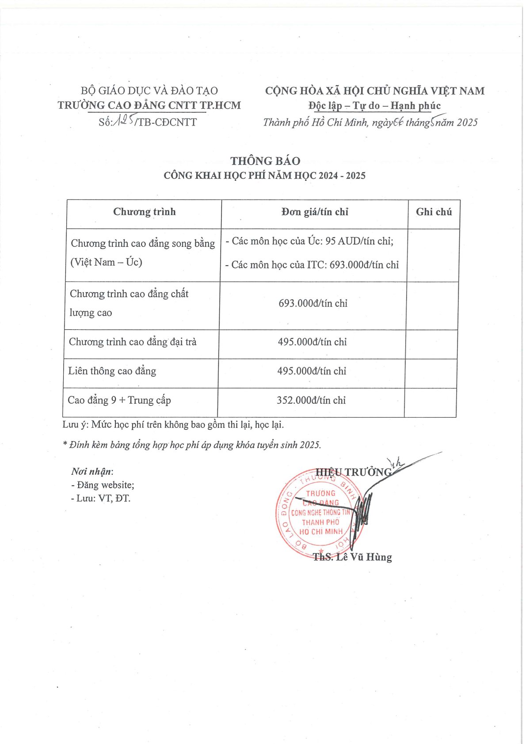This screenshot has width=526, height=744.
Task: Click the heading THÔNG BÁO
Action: coord(265,161)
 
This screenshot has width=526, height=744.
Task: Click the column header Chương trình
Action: coord(144,212)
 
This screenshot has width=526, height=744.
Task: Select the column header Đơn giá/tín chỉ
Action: coord(314,212)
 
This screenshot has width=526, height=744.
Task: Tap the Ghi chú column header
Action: coord(434,212)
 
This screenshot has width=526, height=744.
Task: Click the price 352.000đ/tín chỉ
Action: coord(311,401)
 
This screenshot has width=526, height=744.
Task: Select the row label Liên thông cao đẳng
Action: coord(112,371)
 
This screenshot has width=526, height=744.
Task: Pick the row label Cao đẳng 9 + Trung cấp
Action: coord(119,401)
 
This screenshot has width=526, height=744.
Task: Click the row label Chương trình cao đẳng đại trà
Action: coord(132,342)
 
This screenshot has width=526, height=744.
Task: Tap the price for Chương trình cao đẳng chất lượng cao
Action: coord(313,304)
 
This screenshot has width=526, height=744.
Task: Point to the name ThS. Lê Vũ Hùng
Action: coord(352,557)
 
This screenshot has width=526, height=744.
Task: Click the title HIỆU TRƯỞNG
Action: coord(353,473)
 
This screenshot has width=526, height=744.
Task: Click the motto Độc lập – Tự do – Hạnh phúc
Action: coord(374,106)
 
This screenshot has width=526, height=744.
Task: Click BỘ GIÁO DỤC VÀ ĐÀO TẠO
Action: coord(149,91)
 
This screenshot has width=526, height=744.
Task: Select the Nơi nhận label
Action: coord(92,472)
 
